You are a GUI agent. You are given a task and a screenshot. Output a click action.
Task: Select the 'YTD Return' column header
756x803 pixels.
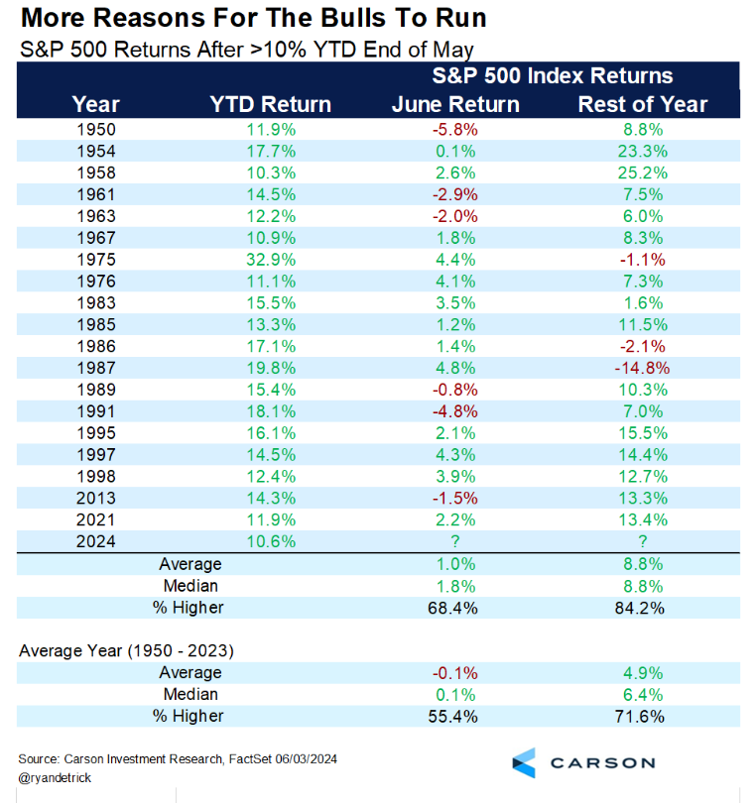coord(271,104)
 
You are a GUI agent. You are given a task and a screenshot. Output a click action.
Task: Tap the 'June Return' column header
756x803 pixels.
coord(457,104)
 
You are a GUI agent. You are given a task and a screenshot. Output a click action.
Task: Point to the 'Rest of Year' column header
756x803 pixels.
coord(643,104)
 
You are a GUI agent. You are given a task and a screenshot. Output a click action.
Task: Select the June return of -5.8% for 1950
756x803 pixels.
coord(457,128)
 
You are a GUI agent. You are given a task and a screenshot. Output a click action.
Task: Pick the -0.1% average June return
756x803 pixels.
coord(457,674)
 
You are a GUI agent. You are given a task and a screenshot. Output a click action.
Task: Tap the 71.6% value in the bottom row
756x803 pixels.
coord(643,716)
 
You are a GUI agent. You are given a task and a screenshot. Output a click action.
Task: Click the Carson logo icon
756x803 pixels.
coord(525,762)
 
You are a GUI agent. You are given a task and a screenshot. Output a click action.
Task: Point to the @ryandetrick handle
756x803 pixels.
coord(57,778)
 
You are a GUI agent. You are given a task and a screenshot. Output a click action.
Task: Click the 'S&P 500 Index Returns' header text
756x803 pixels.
coord(552,76)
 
